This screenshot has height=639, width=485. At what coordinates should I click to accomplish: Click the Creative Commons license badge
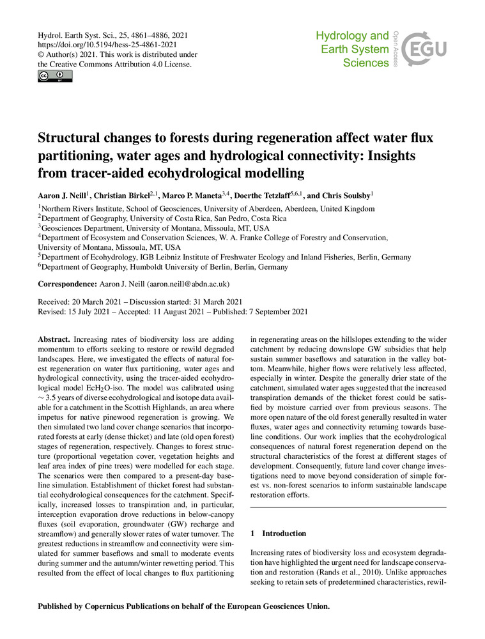55,77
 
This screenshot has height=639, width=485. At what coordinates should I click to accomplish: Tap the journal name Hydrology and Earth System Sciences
353,49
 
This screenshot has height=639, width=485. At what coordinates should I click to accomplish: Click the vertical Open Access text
397,49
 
